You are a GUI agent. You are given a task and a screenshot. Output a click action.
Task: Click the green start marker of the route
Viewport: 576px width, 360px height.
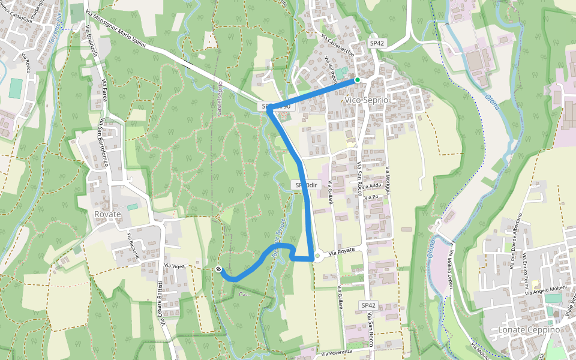[357, 80]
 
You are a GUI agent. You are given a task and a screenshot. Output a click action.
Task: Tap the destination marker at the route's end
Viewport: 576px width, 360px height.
[218, 269]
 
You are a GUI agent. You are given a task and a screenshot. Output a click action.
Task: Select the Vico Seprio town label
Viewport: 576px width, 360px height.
[367, 100]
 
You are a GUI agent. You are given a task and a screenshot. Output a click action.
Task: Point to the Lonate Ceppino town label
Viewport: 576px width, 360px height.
[529, 330]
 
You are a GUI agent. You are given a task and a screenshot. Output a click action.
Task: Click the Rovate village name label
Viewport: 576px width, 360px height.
[107, 214]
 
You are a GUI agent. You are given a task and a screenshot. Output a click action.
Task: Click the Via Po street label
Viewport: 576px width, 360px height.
[373, 196]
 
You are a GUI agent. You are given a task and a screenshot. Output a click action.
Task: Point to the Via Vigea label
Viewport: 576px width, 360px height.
[174, 265]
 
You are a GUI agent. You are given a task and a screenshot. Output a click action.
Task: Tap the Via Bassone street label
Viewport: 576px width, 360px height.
[133, 245]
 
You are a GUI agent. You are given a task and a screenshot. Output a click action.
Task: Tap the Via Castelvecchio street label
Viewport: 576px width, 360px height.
[337, 46]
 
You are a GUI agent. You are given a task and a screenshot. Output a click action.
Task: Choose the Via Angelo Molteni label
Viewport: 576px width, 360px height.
[545, 290]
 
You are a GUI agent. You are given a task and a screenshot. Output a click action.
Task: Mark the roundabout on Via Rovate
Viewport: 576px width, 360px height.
[317, 256]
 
